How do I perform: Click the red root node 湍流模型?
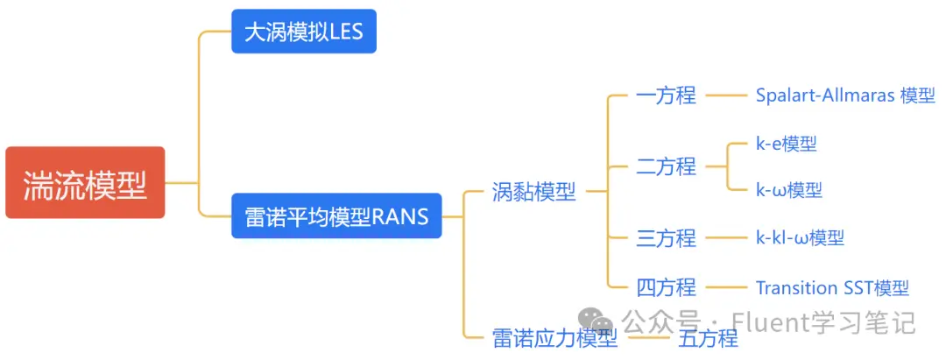click(x=85, y=182)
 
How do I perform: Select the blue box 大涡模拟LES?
click(x=304, y=32)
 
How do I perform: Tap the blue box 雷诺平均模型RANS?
click(x=336, y=215)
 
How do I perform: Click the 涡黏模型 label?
click(x=534, y=192)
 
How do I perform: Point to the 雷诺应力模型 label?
click(x=555, y=338)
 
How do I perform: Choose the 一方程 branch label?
click(x=666, y=95)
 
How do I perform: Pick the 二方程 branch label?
click(x=666, y=166)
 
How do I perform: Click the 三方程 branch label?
click(x=666, y=238)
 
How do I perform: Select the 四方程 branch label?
click(x=666, y=287)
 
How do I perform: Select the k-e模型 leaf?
click(x=787, y=144)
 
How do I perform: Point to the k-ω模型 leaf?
click(x=789, y=191)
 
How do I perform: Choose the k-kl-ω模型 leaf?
click(x=800, y=237)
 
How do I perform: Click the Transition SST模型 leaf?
click(x=833, y=287)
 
